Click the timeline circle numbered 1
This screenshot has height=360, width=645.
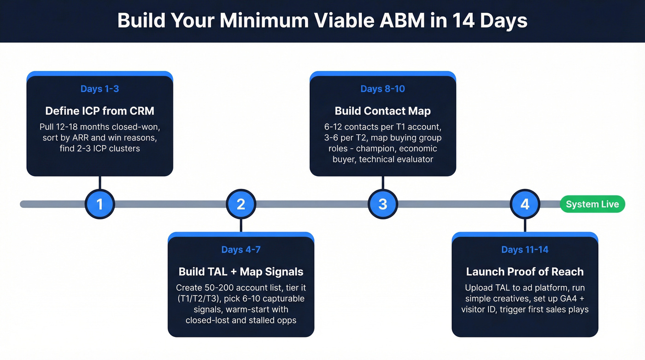pos(100,204)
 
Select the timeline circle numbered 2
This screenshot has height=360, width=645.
pos(241,204)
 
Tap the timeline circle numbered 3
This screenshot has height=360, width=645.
pos(383,204)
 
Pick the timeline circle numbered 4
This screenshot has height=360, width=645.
pos(525,204)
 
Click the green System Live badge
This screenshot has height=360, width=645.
pos(592,204)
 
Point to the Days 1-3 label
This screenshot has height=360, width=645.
pos(100,89)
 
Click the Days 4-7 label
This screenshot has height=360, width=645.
pos(241,250)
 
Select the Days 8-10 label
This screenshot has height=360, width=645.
pos(383,89)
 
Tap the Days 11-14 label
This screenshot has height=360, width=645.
pos(525,250)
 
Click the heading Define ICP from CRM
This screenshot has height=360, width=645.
pos(100,111)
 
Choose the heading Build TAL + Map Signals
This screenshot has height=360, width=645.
pos(241,271)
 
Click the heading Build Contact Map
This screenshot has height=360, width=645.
pos(383,111)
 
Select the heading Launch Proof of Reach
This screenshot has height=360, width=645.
pos(525,271)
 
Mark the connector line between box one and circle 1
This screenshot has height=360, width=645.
pos(100,183)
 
